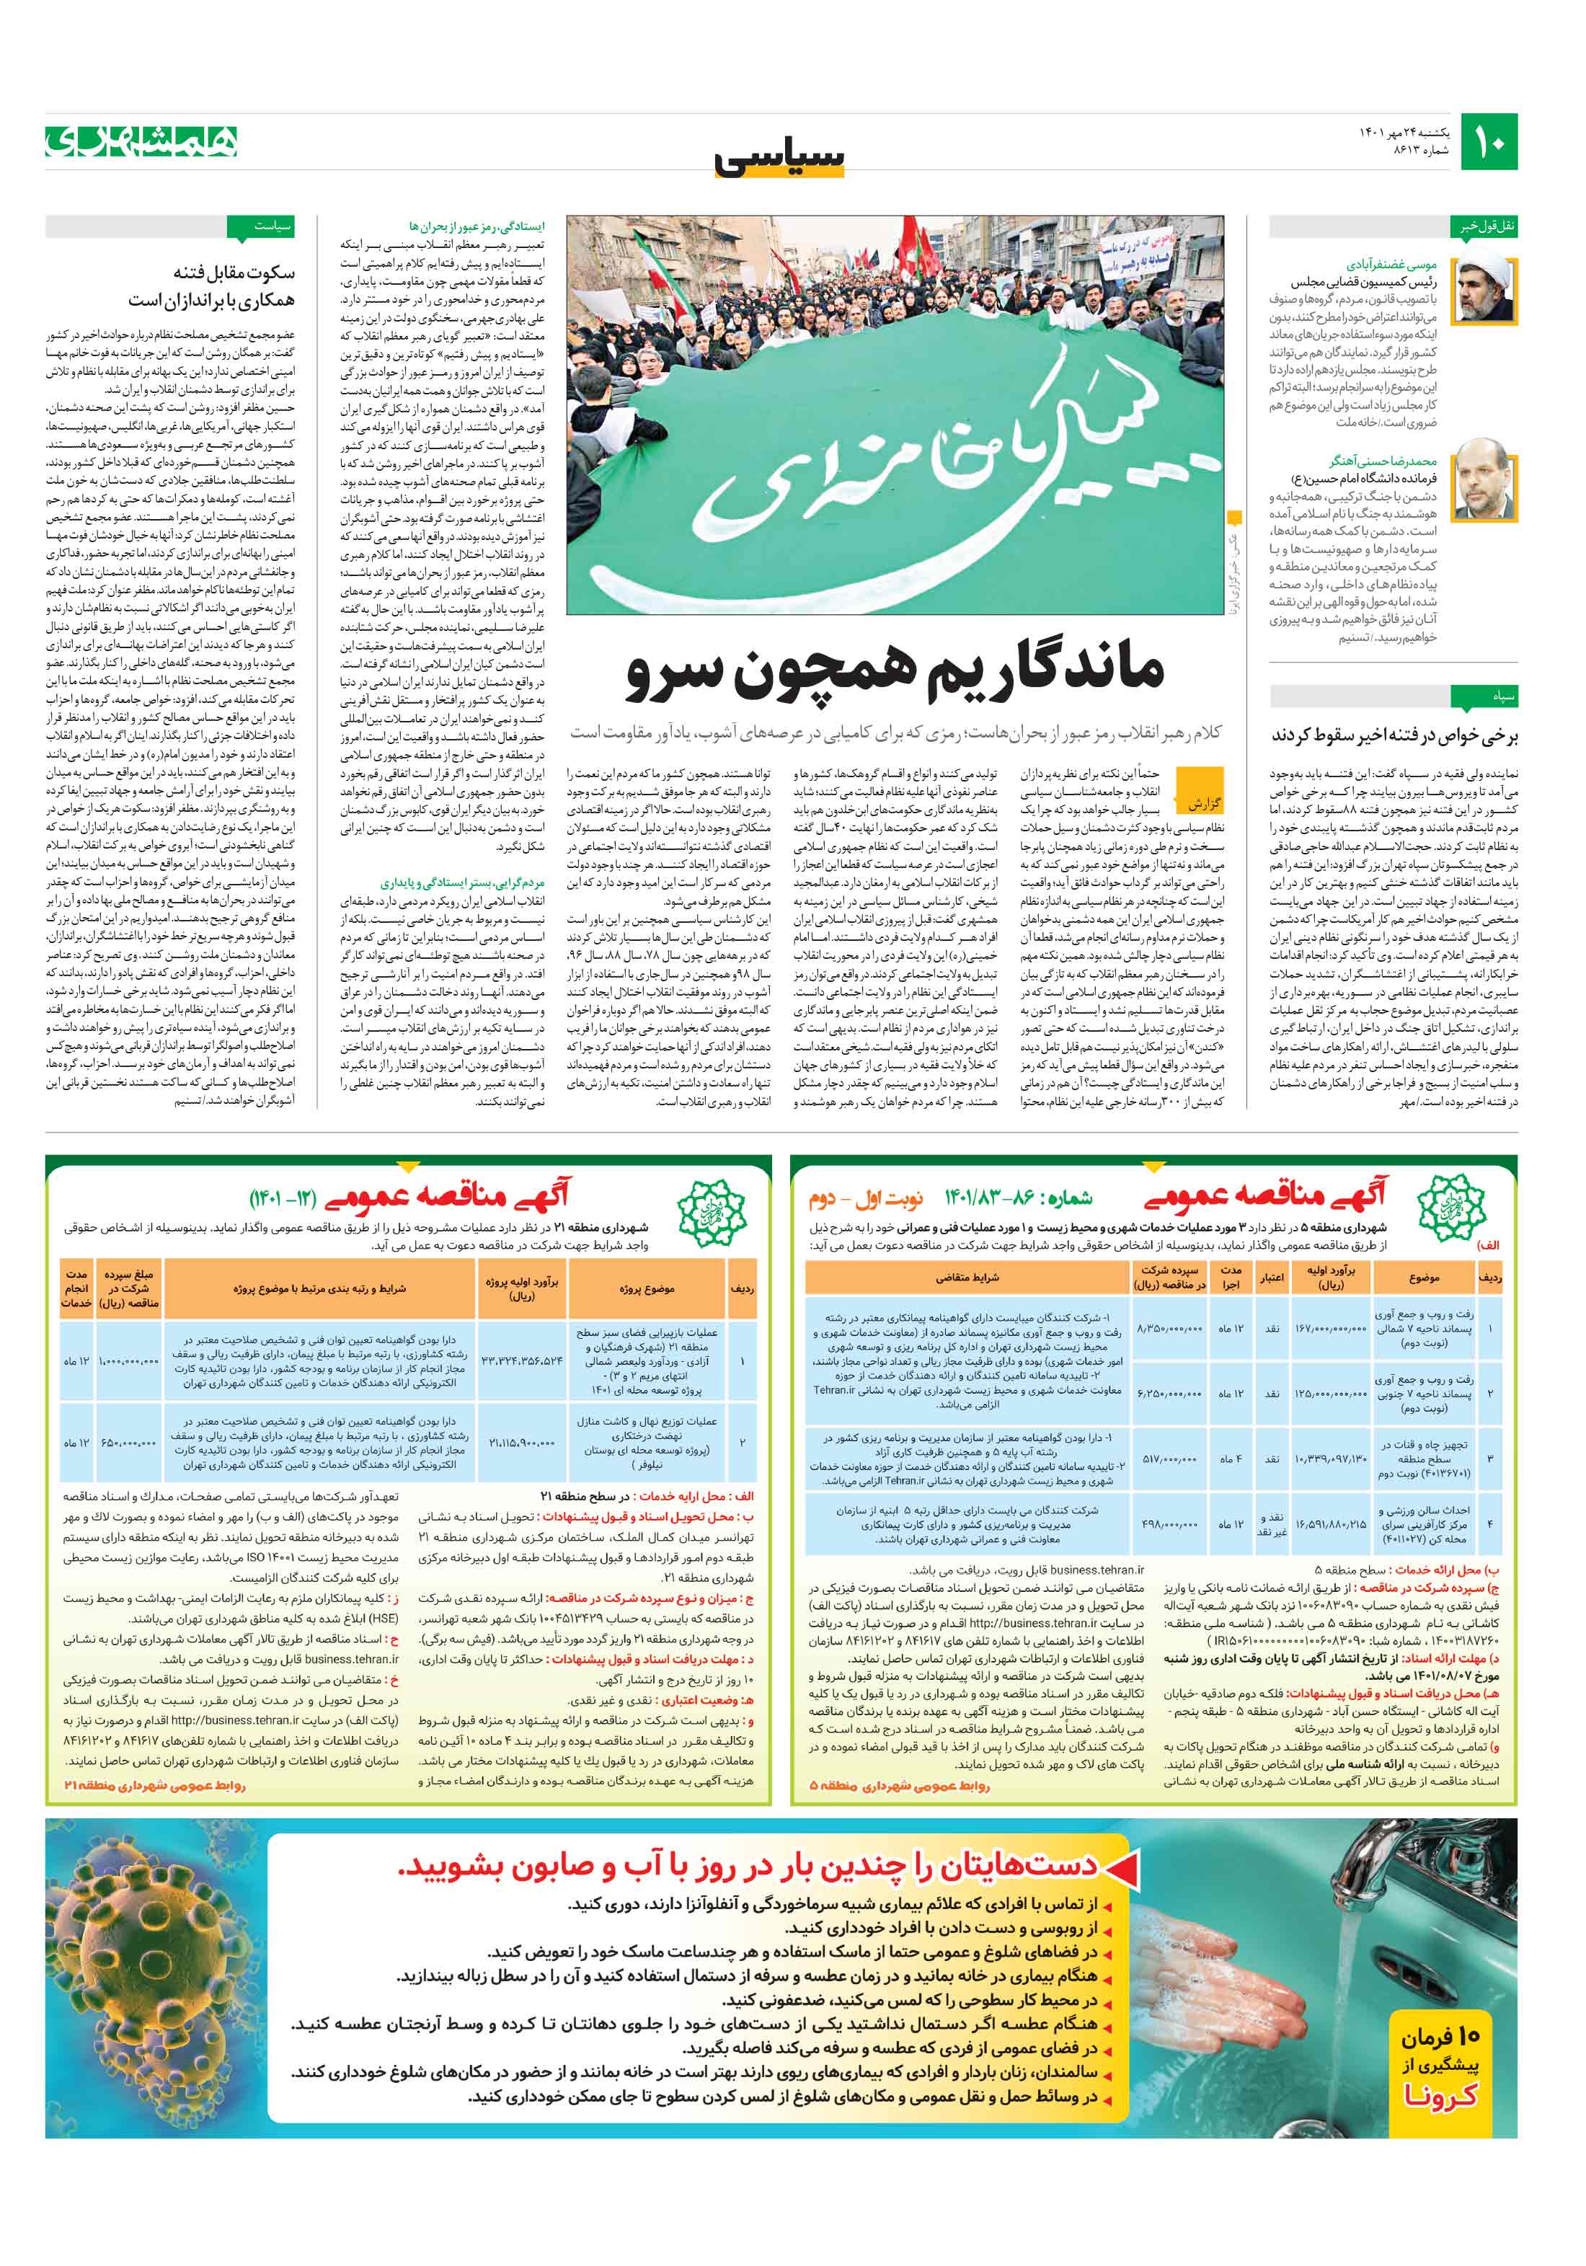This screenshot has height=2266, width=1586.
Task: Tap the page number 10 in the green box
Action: pos(1489,142)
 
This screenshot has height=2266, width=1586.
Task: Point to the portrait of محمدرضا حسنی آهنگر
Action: pos(1482,479)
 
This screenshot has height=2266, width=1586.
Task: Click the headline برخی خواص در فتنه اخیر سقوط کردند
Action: pos(1394,735)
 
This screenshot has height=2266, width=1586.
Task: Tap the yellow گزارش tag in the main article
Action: pos(1204,802)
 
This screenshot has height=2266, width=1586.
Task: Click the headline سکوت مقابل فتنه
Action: pos(233,273)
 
